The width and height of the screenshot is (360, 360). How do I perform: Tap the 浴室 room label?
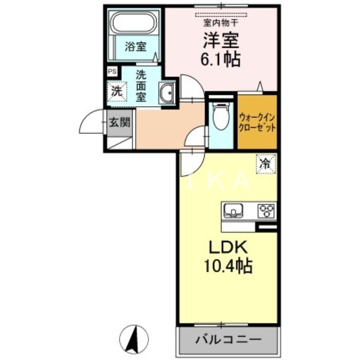pos(135,46)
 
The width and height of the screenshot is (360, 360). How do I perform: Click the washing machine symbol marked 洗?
pos(117,92)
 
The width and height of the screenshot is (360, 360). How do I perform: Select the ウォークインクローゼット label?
pos(257,121)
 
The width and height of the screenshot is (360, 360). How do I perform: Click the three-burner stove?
pos(265,210)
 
